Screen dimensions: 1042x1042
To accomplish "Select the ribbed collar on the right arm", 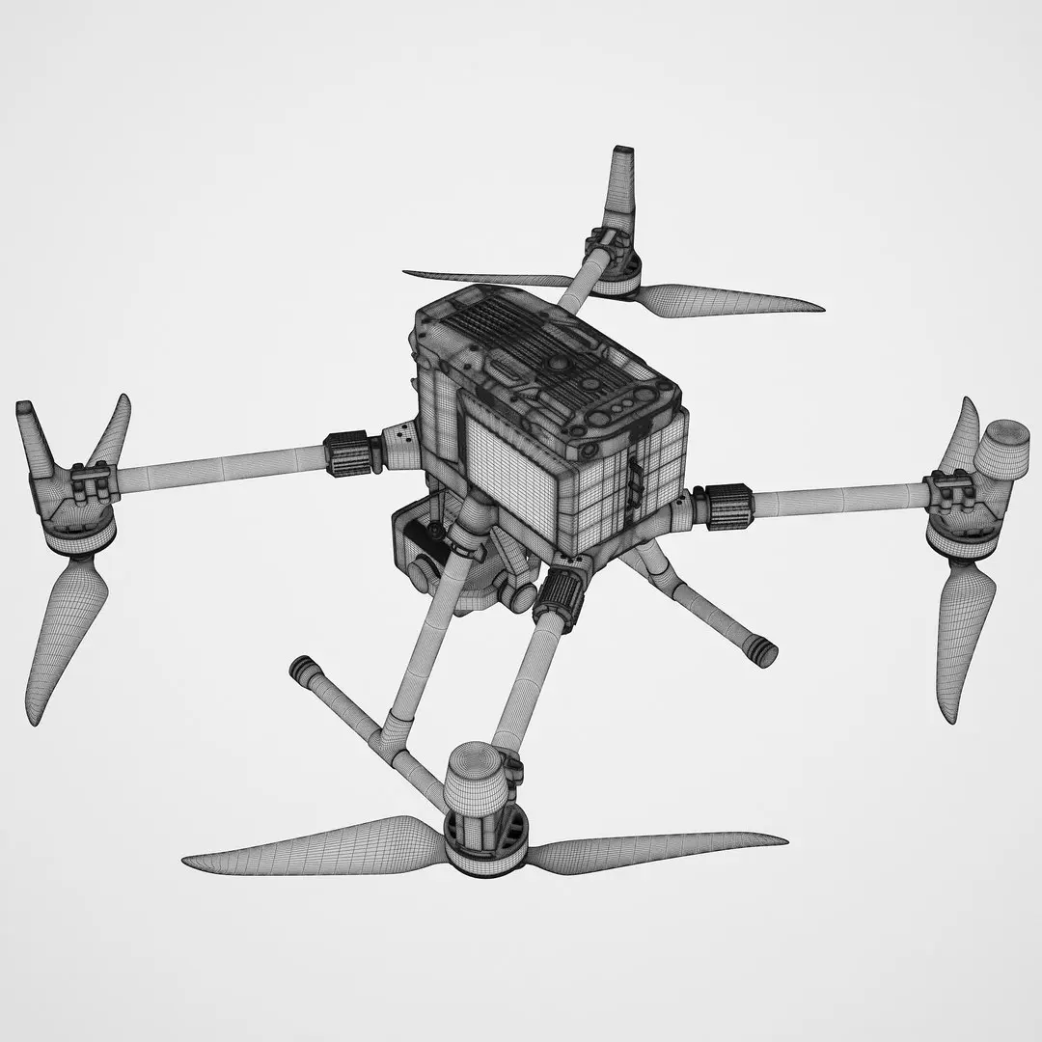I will [x=729, y=506].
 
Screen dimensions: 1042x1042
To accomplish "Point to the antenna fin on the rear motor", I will [x=618, y=188].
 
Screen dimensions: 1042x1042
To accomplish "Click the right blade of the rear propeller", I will [x=733, y=300].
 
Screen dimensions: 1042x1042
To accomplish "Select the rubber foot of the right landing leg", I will [x=763, y=652].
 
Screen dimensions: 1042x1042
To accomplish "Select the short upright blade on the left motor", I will [x=112, y=429].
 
